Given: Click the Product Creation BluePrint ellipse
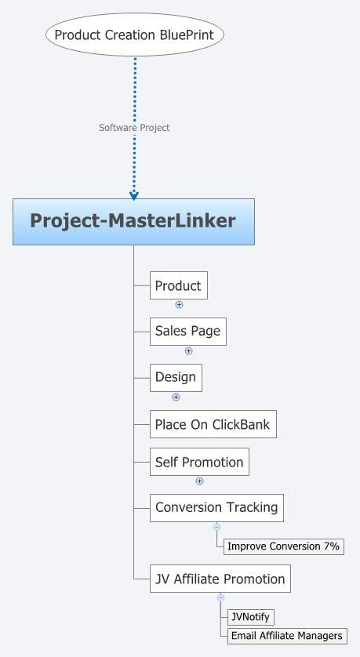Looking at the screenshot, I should point(135,34).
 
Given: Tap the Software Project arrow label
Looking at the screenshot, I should point(134,127).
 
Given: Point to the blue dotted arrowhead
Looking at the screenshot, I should point(134,194).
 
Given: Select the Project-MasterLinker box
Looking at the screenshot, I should point(133,221).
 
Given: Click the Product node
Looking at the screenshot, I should point(178,286).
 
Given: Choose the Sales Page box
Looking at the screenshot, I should point(187,332).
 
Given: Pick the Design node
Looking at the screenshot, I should point(176,377).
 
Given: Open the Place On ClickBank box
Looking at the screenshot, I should point(213,425).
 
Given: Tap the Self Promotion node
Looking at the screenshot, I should point(199,462).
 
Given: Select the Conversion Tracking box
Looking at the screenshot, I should point(216,507).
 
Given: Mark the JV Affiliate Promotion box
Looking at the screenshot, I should point(220,579).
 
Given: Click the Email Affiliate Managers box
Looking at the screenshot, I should point(286,636).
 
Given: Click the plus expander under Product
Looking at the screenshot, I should point(179,304).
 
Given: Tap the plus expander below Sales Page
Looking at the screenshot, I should point(188,351).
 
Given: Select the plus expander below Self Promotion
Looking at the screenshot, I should point(199,481).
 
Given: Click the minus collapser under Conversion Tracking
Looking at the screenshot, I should point(216,527).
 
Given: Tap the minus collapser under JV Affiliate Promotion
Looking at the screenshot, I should point(220,598).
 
